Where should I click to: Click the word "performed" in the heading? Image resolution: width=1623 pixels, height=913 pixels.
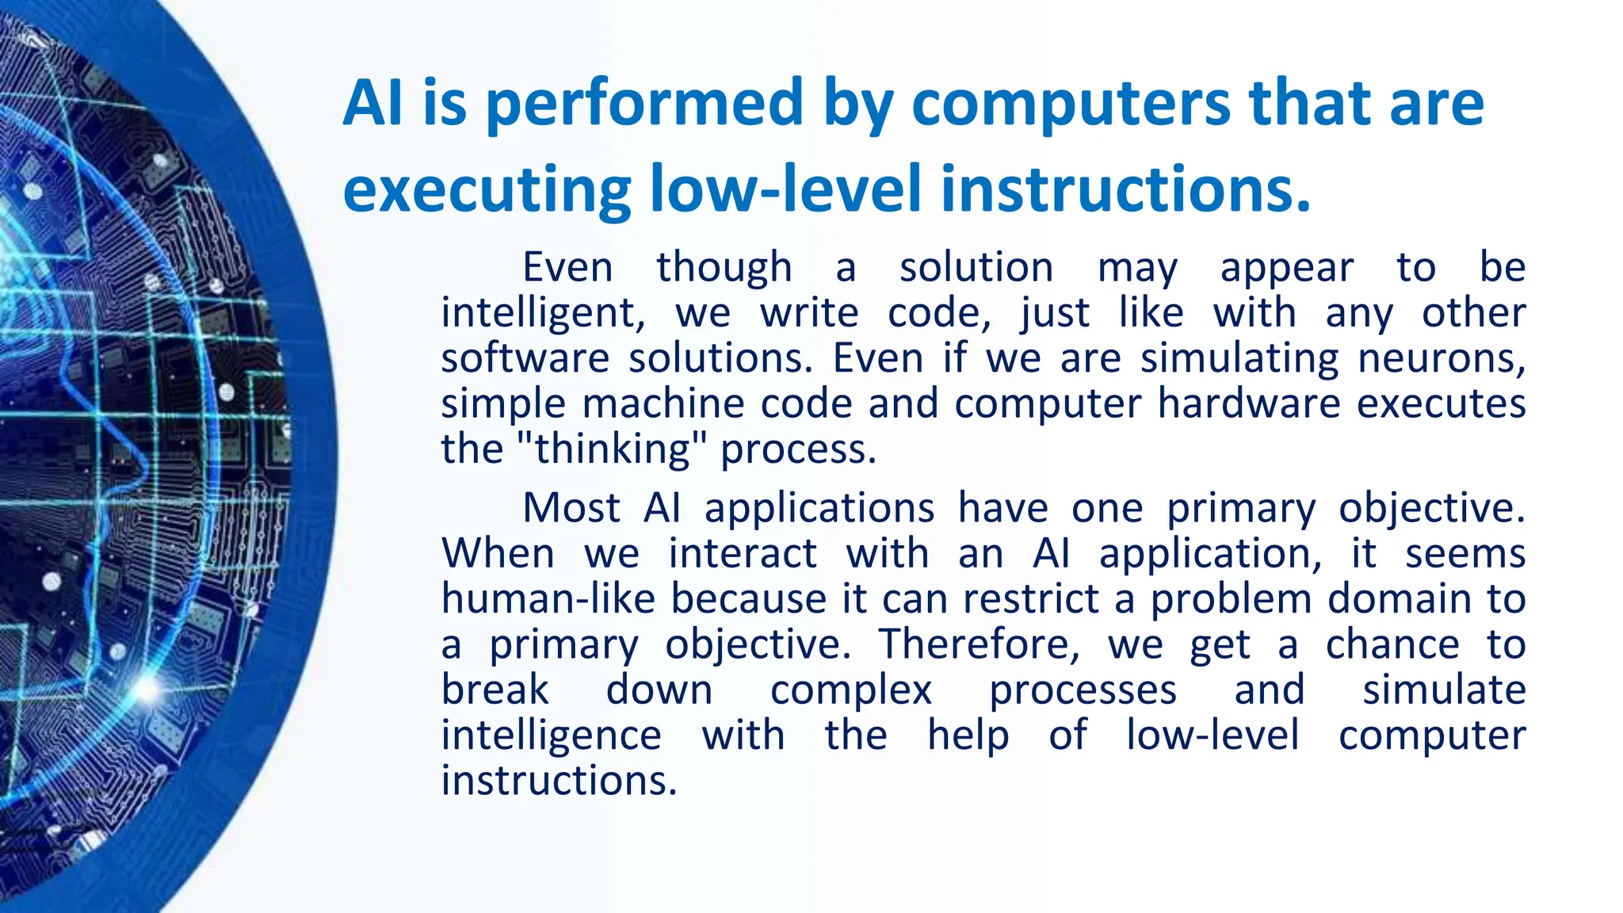[x=644, y=104]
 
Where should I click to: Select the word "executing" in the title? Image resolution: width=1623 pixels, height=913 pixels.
[x=487, y=190]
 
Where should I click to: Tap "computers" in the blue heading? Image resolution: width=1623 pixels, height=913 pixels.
[x=1070, y=104]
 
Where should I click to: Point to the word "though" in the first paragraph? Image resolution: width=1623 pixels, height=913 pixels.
[x=724, y=268]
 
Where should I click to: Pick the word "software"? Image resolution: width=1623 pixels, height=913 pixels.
[x=525, y=358]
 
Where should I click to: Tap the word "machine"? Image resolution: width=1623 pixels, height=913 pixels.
[x=663, y=403]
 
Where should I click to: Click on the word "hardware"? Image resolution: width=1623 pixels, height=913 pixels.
[x=1248, y=403]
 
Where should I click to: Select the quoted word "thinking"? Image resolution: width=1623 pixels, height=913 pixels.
[x=612, y=449]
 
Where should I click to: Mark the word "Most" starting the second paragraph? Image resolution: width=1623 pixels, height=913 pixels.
[x=571, y=508]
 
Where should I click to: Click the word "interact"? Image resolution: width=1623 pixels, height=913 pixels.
[x=743, y=553]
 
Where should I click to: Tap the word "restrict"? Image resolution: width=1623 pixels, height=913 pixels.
[x=1031, y=598]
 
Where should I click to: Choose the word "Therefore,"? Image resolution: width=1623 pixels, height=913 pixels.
[x=980, y=644]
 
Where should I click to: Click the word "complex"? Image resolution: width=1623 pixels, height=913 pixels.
[x=851, y=690]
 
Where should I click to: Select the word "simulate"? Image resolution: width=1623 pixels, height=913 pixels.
[x=1444, y=690]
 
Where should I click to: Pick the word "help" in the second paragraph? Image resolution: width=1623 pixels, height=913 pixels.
[x=968, y=735]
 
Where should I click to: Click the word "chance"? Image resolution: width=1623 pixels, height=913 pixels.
[x=1392, y=644]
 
